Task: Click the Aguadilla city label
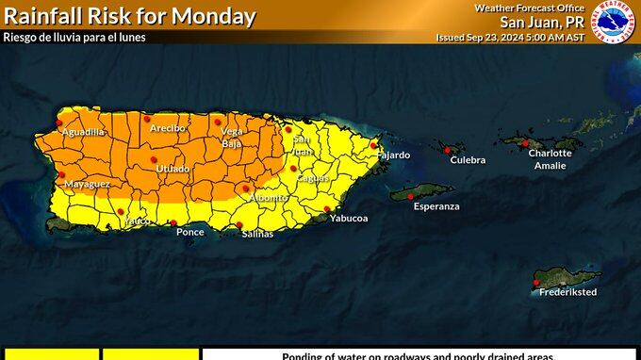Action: (x=82, y=132)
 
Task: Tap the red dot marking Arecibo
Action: (x=147, y=119)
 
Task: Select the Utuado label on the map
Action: (x=173, y=169)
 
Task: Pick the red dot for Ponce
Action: (x=173, y=223)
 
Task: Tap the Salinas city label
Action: (x=256, y=234)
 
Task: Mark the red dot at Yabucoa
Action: (x=327, y=209)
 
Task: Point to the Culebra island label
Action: (x=468, y=160)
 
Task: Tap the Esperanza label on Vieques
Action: (x=436, y=205)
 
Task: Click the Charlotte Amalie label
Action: (x=550, y=158)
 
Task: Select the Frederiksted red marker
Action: (x=535, y=282)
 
